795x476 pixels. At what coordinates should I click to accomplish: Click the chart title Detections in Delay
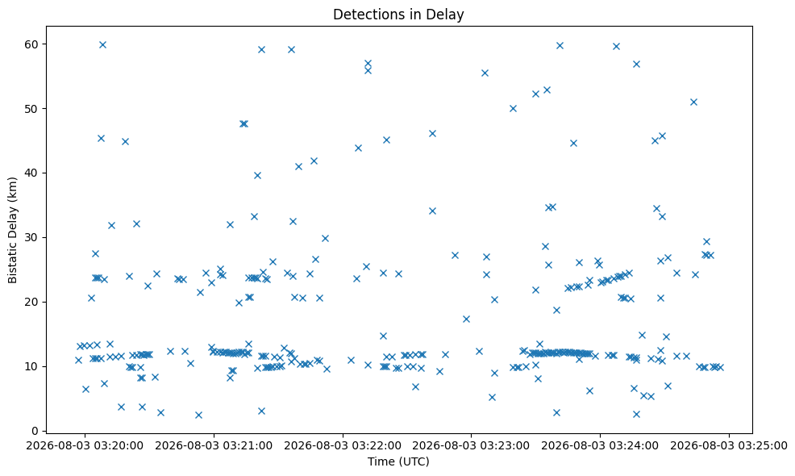tap(398, 15)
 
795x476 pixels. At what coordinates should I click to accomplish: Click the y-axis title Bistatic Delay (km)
tap(13, 230)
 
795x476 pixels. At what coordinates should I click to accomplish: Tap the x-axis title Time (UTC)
tap(398, 461)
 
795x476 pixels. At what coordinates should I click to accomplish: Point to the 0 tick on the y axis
tap(35, 431)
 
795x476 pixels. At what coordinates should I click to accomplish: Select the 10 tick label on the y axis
tap(32, 366)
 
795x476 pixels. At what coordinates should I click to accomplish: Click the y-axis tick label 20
tap(32, 302)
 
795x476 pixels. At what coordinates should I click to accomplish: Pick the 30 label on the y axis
tap(32, 237)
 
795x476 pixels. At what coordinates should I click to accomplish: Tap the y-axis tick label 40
tap(32, 173)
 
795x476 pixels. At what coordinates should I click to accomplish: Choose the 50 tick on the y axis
tap(32, 109)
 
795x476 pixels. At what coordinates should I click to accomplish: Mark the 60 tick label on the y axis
tap(32, 44)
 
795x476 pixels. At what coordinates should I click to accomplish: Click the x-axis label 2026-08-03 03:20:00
tap(85, 446)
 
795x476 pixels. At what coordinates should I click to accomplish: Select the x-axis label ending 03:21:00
tap(214, 446)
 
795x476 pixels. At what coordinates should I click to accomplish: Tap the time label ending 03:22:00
tap(343, 446)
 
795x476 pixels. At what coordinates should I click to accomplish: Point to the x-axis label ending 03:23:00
tap(472, 446)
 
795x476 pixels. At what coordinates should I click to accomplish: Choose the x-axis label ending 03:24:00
tap(601, 446)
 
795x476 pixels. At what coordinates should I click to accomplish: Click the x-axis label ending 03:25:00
tap(729, 446)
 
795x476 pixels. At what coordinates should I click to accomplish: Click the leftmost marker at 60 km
tap(102, 44)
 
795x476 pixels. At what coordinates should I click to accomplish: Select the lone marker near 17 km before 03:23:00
tap(467, 319)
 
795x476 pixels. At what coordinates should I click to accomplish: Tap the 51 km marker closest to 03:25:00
tap(693, 102)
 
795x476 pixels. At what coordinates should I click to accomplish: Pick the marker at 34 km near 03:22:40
tap(432, 211)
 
